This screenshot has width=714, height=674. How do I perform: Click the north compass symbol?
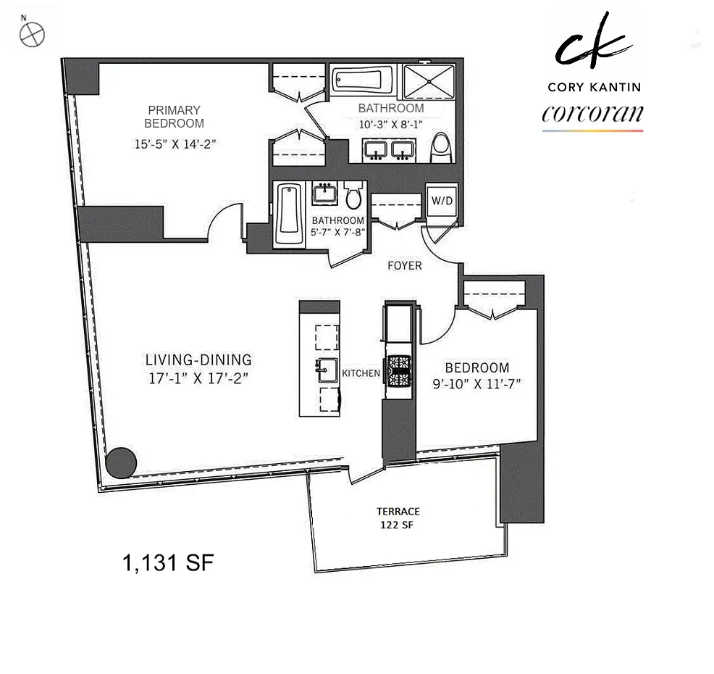pos(33,34)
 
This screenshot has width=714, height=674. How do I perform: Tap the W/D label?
pos(442,201)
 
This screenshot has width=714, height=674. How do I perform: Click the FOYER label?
pos(404,266)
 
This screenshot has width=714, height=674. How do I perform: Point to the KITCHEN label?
pos(361,373)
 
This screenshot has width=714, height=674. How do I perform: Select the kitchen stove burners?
pos(399,371)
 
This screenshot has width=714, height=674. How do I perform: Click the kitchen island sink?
pos(327,370)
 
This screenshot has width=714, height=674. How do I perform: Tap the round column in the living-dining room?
pos(121,462)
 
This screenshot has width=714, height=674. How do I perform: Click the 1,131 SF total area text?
pos(168,563)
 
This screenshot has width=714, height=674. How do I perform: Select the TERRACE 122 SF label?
pos(398,518)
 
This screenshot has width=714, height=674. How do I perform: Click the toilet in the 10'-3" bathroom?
pos(441,147)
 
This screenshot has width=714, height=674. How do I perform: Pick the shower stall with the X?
pos(429,82)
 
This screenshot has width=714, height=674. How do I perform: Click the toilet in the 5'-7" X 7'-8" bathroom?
pos(353,194)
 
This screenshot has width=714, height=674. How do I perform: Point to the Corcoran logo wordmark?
pos(592,114)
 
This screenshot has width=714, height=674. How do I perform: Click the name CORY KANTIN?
pos(595,87)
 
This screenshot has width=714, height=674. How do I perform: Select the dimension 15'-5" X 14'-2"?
pos(175,144)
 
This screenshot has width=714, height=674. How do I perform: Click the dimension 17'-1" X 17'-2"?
pos(198,378)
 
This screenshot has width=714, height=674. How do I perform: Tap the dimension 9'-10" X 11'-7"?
pos(476,383)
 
